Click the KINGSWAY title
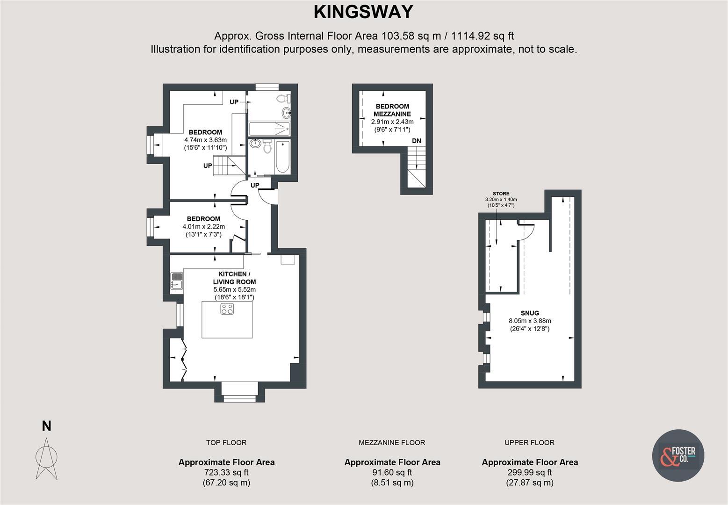363,12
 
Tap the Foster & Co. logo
678,455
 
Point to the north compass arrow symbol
46,458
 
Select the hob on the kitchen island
227,309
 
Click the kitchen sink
176,281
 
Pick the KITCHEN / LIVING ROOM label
234,278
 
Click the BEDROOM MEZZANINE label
392,110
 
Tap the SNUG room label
530,313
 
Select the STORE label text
501,194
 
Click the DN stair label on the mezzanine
416,141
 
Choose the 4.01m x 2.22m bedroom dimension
203,227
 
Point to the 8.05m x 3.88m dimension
530,321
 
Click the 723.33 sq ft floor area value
226,472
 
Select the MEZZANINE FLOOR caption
392,442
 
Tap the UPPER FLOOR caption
529,442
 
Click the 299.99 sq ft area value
530,472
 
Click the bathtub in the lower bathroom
282,157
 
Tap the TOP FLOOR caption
226,442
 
